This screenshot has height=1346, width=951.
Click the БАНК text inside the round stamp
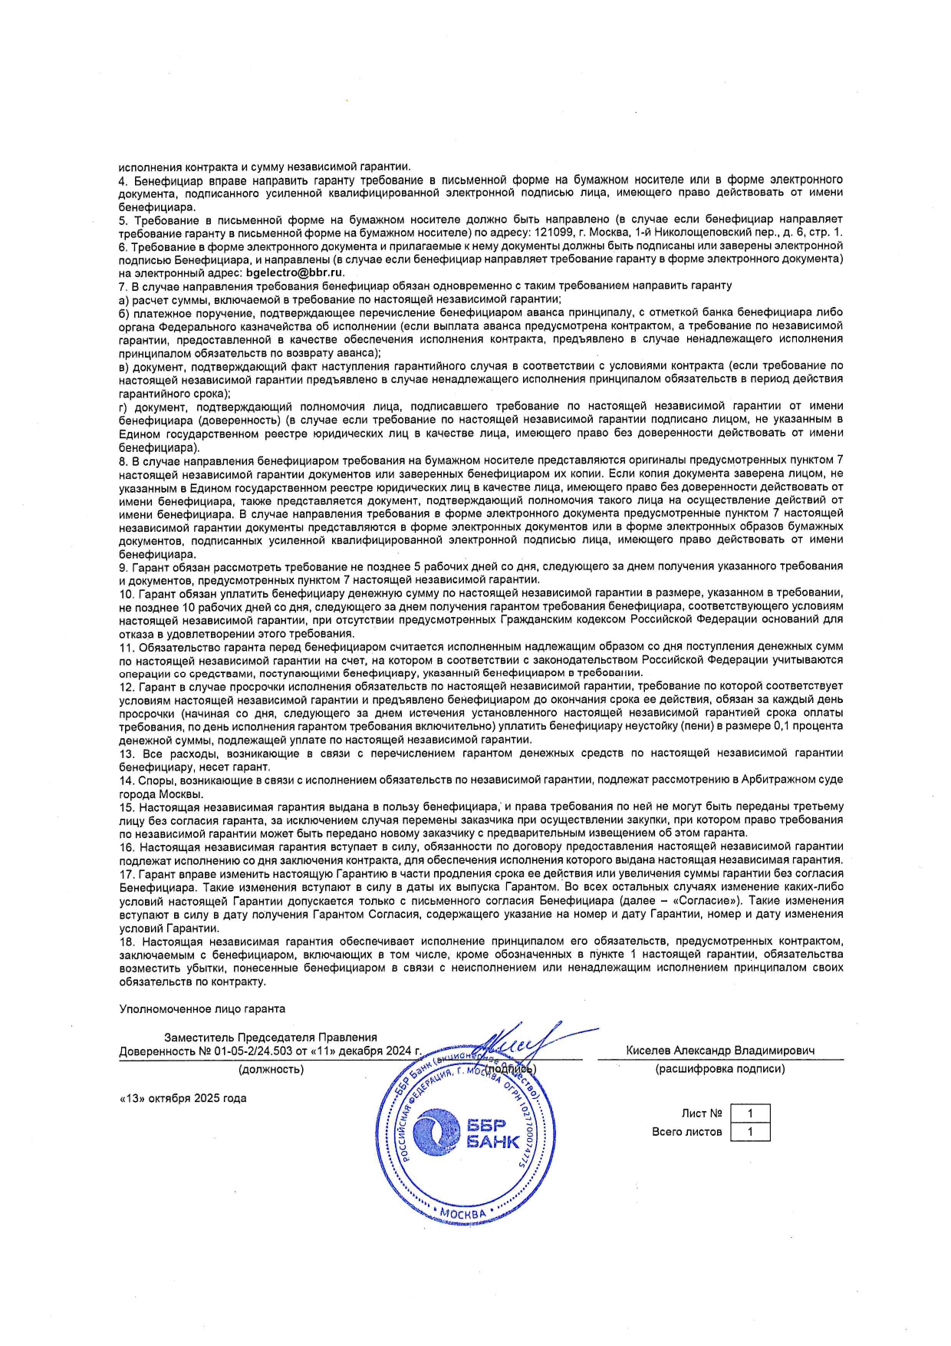coord(493,1142)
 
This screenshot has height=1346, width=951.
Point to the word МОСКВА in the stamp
coord(463,1214)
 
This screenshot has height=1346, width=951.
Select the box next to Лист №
coord(749,1113)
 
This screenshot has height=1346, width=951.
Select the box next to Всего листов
coord(749,1131)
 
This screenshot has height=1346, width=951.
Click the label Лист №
coord(702,1113)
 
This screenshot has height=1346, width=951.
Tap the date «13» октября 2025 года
coord(183,1098)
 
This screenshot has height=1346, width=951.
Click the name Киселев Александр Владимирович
coord(720,1051)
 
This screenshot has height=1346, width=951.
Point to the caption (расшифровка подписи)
coord(720,1068)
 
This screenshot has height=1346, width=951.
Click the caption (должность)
coord(271,1068)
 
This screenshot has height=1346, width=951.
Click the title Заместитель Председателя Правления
coord(271,1038)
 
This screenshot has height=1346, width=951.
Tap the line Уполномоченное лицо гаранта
coord(202,1009)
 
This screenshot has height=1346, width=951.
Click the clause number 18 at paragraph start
coord(127,941)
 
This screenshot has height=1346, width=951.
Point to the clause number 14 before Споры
coord(127,780)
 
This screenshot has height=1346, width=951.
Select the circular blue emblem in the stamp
coord(436,1134)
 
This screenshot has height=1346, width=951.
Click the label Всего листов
coord(686,1131)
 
